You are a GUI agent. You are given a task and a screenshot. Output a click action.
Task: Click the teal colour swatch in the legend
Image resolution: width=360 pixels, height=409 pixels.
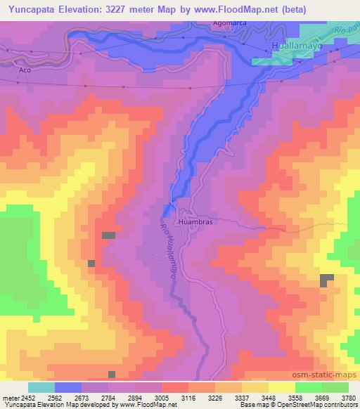pyautogui.click(x=41, y=387)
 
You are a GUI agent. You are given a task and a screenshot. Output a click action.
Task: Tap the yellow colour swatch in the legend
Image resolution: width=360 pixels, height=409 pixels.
pyautogui.click(x=281, y=387)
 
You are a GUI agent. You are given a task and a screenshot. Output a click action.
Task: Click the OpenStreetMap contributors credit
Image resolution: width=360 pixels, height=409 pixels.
pyautogui.click(x=320, y=404)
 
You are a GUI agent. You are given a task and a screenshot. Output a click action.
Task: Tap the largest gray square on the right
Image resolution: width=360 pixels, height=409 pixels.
pyautogui.click(x=327, y=280)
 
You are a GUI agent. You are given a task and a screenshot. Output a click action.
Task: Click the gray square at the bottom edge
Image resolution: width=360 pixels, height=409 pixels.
pyautogui.click(x=112, y=375)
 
